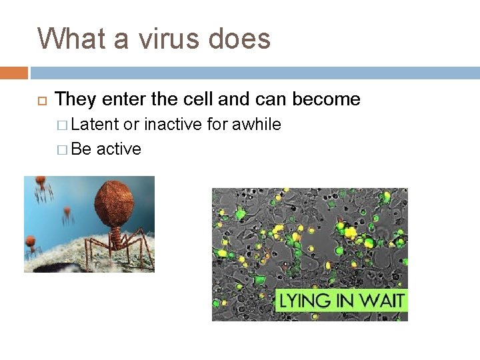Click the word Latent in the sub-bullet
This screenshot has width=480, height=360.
[95, 124]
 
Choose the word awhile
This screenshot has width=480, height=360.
[256, 124]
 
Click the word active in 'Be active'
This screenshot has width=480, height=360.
[119, 149]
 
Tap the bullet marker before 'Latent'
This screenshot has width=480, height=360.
[63, 125]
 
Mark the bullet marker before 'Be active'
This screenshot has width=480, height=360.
[63, 149]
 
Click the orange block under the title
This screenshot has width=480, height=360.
[14, 73]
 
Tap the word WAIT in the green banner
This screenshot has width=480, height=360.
[381, 301]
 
